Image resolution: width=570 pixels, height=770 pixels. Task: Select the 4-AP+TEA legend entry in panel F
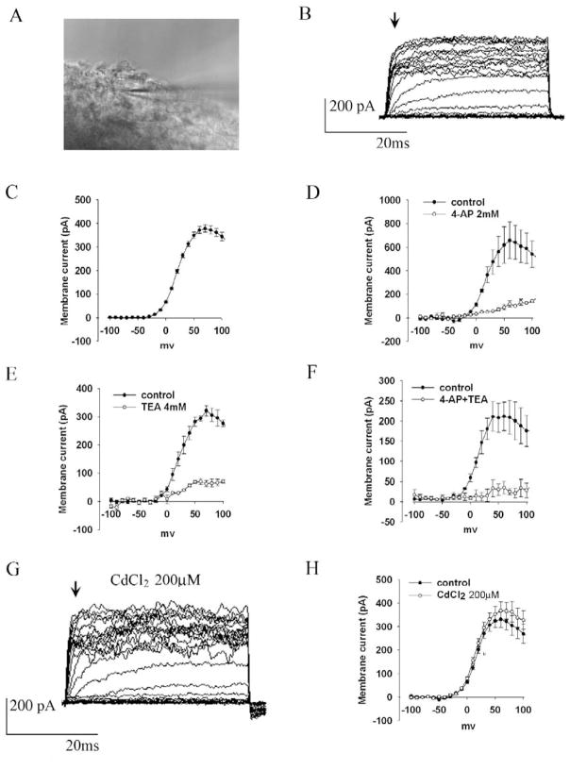pyautogui.click(x=476, y=398)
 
